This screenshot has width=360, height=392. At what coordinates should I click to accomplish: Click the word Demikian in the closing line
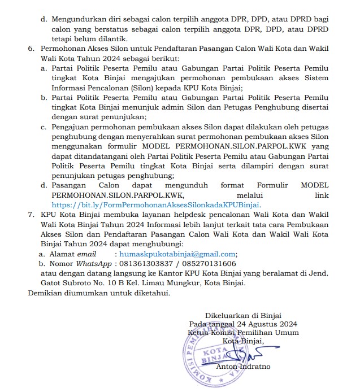pos(46,293)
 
